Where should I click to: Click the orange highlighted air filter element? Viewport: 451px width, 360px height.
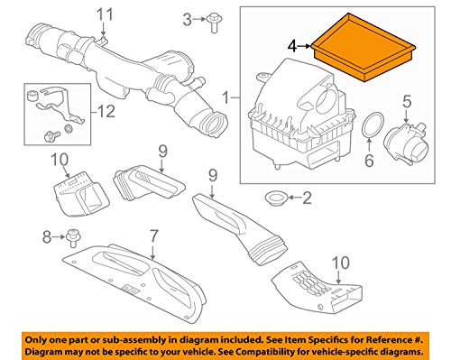point(364,48)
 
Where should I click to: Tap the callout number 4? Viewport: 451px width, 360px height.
point(292,47)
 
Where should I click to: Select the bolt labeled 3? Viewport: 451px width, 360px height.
point(213,23)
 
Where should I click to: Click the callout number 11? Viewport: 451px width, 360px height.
point(105,14)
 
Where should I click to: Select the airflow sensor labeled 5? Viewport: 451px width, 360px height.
point(408,143)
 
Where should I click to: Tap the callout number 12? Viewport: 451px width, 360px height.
point(106,112)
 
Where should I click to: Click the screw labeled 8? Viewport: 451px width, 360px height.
point(72,238)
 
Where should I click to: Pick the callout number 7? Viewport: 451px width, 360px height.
point(153,236)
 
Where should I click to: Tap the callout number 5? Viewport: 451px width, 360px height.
point(407,101)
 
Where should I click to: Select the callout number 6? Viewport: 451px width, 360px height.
point(369,160)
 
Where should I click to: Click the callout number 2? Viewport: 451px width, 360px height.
point(307,198)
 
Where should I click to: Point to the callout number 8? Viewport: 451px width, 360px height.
point(47,237)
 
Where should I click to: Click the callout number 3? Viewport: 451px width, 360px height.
point(187,20)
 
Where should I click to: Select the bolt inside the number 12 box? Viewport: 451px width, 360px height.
point(50,136)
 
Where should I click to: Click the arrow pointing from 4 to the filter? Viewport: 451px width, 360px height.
point(304,46)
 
